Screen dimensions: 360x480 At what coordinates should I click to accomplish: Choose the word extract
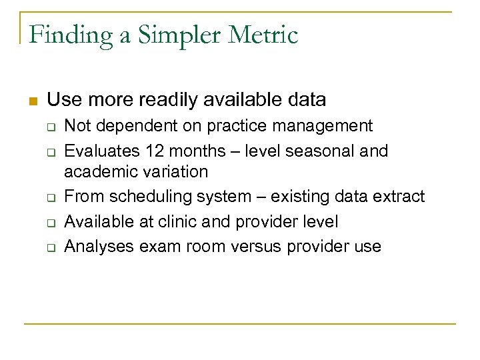tap(397, 197)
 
